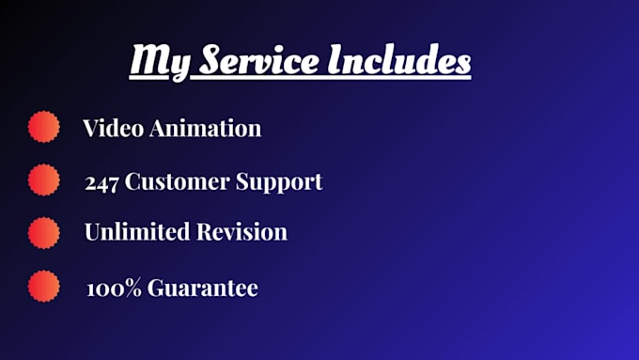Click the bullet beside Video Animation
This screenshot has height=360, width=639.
pyautogui.click(x=43, y=127)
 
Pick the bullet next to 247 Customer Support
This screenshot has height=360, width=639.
pyautogui.click(x=43, y=180)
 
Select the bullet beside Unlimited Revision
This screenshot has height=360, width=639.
pyautogui.click(x=43, y=231)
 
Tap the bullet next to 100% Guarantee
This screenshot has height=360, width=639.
pyautogui.click(x=43, y=287)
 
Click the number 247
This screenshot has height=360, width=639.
pyautogui.click(x=101, y=181)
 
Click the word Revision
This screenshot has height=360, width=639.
pyautogui.click(x=243, y=232)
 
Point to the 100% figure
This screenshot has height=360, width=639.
pyautogui.click(x=110, y=288)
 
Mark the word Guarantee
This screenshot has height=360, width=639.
pyautogui.click(x=198, y=288)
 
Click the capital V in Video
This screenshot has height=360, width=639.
pyautogui.click(x=91, y=128)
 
